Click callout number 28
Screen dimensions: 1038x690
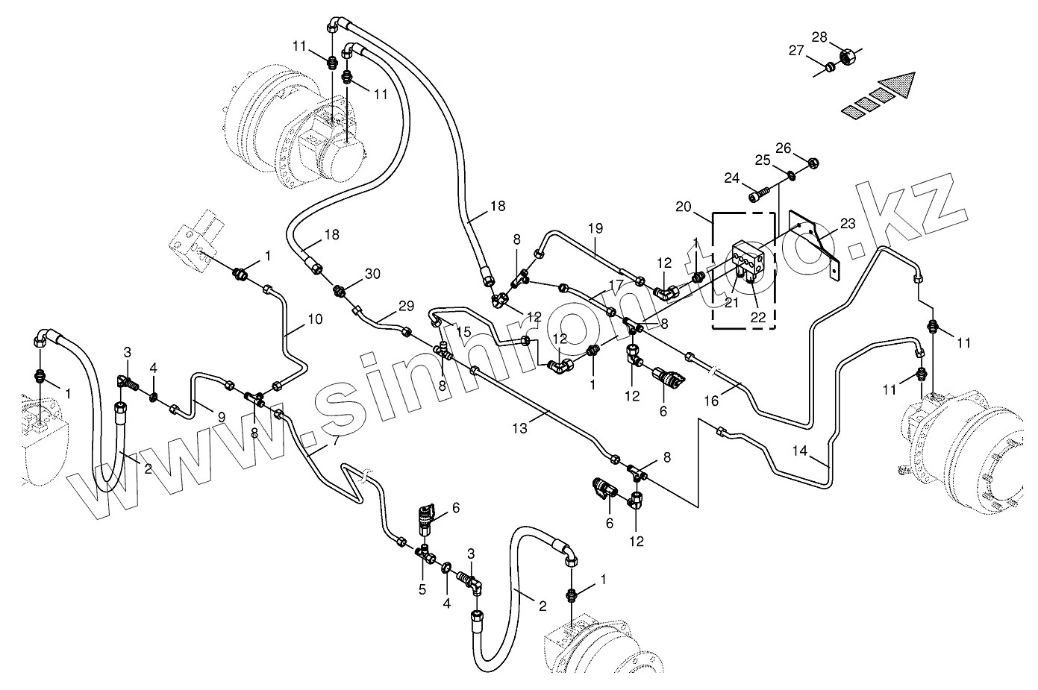pyautogui.click(x=819, y=37)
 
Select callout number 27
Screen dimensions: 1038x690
pyautogui.click(x=796, y=51)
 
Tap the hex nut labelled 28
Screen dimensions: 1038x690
pyautogui.click(x=848, y=57)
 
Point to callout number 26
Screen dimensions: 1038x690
pyautogui.click(x=783, y=148)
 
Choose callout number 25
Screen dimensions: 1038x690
pyautogui.click(x=763, y=160)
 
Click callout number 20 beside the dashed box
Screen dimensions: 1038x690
pyautogui.click(x=683, y=207)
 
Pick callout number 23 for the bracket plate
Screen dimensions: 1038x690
pyautogui.click(x=848, y=224)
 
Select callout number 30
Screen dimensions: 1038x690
pyautogui.click(x=372, y=274)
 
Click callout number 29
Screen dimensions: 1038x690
pyautogui.click(x=406, y=306)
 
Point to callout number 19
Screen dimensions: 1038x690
pyautogui.click(x=595, y=228)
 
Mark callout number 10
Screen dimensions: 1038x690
pyautogui.click(x=315, y=319)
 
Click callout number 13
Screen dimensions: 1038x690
pyautogui.click(x=519, y=428)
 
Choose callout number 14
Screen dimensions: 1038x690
pyautogui.click(x=799, y=451)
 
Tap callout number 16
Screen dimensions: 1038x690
pyautogui.click(x=711, y=401)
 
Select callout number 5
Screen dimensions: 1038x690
pyautogui.click(x=422, y=589)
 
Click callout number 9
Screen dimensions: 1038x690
pyautogui.click(x=222, y=417)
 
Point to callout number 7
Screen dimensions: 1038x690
pyautogui.click(x=336, y=440)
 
